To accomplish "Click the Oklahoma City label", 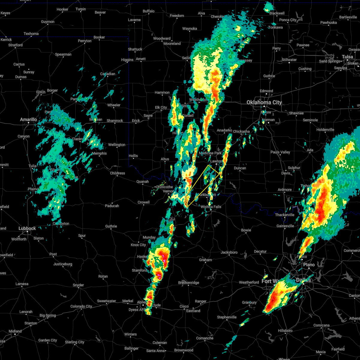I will pyautogui.click(x=264, y=103).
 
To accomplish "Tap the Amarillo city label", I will pyautogui.click(x=28, y=120).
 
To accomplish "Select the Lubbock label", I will pyautogui.click(x=27, y=229).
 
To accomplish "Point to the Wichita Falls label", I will pyautogui.click(x=211, y=207).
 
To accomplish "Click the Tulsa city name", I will pyautogui.click(x=347, y=57).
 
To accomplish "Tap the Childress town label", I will pyautogui.click(x=117, y=173).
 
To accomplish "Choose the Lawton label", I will pyautogui.click(x=216, y=161).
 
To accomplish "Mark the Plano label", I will pyautogui.click(x=309, y=265).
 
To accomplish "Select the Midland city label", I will pyautogui.click(x=15, y=331).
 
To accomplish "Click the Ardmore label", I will pyautogui.click(x=285, y=190).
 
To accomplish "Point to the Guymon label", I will pyautogui.click(x=48, y=22).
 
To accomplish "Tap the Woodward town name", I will pyautogui.click(x=162, y=39).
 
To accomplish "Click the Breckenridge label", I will pyautogui.click(x=188, y=283).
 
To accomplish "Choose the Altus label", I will pyautogui.click(x=165, y=159).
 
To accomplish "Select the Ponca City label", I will pyautogui.click(x=288, y=20).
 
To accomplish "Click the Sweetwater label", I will pyautogui.click(x=106, y=301).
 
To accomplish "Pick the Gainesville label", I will pyautogui.click(x=285, y=226).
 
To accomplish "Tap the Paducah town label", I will pyautogui.click(x=112, y=206).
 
